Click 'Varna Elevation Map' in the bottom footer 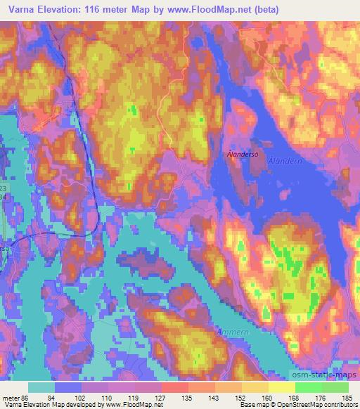36,405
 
